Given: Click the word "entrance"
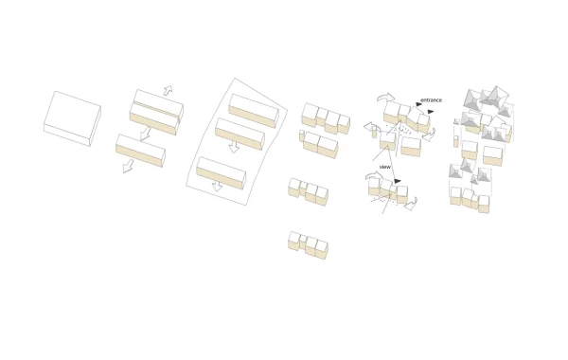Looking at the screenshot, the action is [431, 100].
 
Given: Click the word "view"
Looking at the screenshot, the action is [385, 167].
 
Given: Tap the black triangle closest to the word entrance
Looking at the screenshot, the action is [418, 104].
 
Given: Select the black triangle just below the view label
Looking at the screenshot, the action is [398, 181].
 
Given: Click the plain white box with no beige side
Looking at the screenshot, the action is [72, 118].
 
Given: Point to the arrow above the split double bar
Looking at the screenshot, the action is [168, 90].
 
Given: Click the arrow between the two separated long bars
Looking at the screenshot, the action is [145, 133].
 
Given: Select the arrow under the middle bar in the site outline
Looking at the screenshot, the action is [234, 147].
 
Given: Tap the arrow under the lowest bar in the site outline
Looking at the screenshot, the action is [217, 186].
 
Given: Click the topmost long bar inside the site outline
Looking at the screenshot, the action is [254, 111].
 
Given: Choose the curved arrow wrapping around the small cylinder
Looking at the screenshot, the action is [372, 127].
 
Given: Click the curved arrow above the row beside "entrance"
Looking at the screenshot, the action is [385, 97].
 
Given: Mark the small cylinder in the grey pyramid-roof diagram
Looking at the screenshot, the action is [456, 141].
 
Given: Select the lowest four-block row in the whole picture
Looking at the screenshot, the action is [308, 245].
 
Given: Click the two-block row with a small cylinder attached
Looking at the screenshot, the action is [319, 144].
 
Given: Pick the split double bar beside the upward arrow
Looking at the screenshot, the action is [156, 112].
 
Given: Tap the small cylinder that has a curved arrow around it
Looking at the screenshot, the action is [374, 132].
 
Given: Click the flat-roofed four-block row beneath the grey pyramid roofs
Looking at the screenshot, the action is [470, 200].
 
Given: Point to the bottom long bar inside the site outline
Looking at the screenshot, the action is [222, 173].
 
